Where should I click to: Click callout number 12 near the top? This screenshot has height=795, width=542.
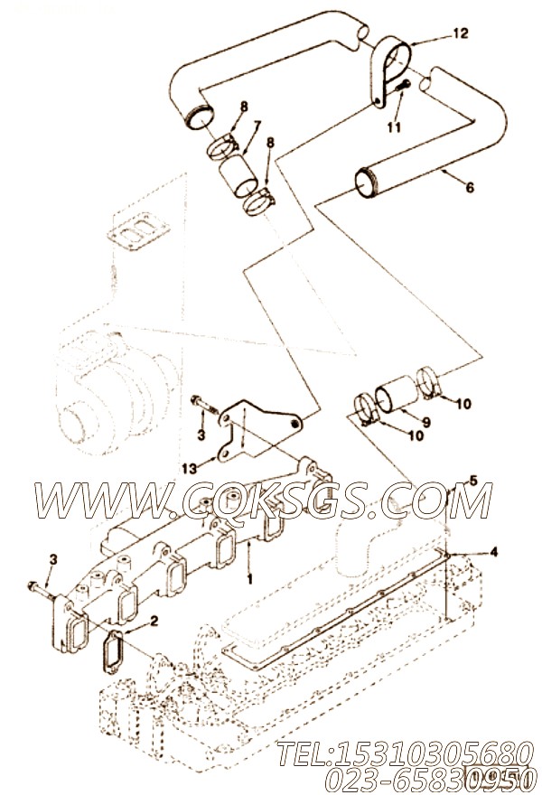(x=461, y=33)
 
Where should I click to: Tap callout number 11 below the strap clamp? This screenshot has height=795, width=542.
(x=394, y=126)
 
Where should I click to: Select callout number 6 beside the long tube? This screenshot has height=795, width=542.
(x=470, y=187)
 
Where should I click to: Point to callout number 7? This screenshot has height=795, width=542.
(x=257, y=124)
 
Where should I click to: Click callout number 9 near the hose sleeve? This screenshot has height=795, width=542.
(x=425, y=421)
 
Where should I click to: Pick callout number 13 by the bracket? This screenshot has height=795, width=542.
(x=189, y=469)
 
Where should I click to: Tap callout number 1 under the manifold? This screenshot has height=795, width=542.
(x=249, y=578)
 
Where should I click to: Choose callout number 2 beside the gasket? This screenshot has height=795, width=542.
(x=154, y=621)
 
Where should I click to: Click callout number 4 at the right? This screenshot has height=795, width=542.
(x=493, y=552)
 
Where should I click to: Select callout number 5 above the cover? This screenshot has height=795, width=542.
(x=473, y=480)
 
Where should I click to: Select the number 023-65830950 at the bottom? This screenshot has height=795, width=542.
(x=431, y=777)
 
